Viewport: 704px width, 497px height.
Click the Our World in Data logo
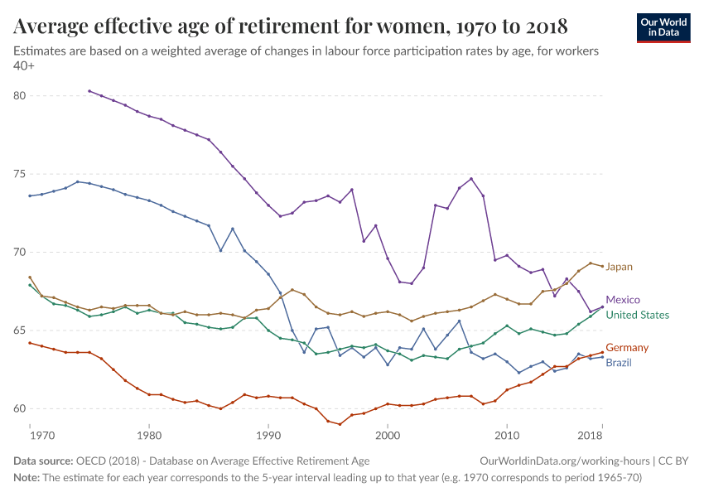663,27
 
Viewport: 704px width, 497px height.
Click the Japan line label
619,267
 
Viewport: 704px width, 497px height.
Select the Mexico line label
622,300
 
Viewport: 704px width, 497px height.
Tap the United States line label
637,315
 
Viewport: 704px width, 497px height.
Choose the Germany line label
627,348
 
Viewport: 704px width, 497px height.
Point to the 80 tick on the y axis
20,96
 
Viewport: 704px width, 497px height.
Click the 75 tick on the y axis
20,174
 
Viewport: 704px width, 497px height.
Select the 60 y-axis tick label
20,408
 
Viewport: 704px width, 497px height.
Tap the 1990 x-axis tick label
268,435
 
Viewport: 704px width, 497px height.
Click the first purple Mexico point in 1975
89,91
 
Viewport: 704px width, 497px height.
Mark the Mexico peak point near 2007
471,179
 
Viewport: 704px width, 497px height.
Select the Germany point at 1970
30,343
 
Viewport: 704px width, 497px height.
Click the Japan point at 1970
30,277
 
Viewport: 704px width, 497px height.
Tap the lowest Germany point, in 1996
340,424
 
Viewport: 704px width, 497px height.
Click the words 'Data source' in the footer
42,461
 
